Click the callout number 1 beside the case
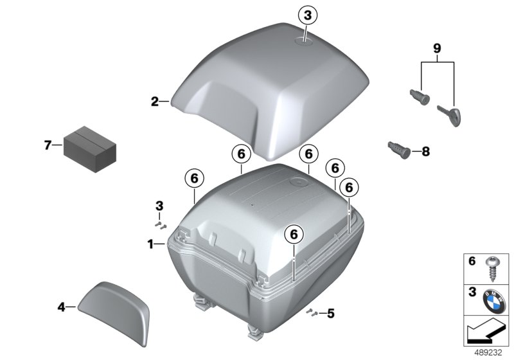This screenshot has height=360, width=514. pos(150,244)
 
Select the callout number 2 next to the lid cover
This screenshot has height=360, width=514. pos(154,102)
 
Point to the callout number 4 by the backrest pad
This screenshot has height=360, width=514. pos(62,307)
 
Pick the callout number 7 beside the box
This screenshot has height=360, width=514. pos(47,145)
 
